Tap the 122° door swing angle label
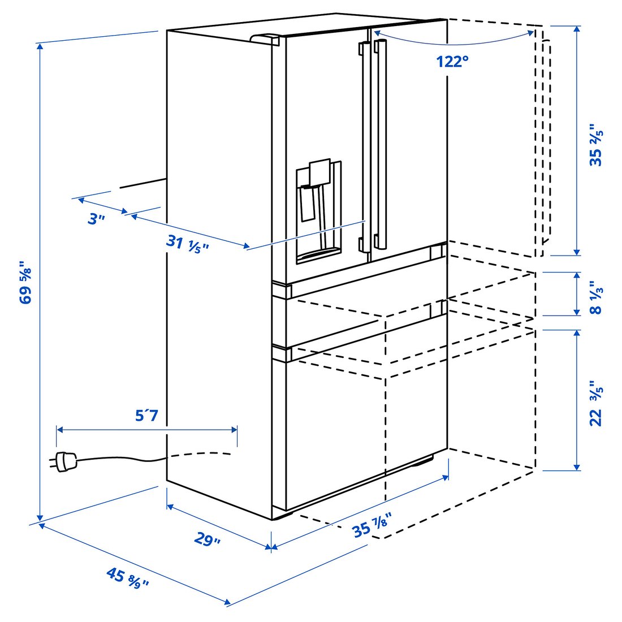pos(452,61)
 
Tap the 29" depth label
pos(207,539)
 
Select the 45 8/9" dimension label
pos(128,578)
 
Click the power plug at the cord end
pos(63,461)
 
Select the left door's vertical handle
pos(365,147)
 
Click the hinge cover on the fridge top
pos(265,39)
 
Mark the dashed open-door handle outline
pos(546,141)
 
